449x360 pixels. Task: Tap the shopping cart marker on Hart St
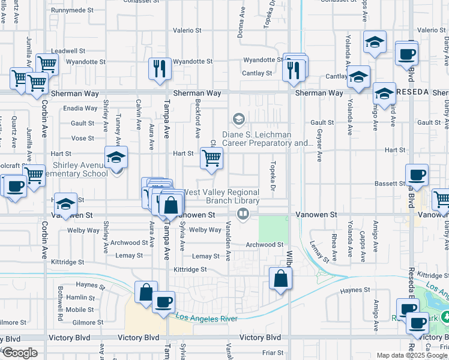211,158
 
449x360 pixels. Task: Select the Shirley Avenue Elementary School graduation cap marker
116,158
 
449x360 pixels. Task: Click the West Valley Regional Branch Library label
221,196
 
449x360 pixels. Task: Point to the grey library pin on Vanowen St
243,213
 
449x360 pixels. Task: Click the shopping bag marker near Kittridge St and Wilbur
280,278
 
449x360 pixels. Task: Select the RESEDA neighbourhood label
411,92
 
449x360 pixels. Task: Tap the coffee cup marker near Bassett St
417,175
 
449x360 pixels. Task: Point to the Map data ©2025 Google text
411,355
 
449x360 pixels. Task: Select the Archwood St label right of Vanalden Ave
264,245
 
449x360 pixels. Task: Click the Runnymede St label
72,10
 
